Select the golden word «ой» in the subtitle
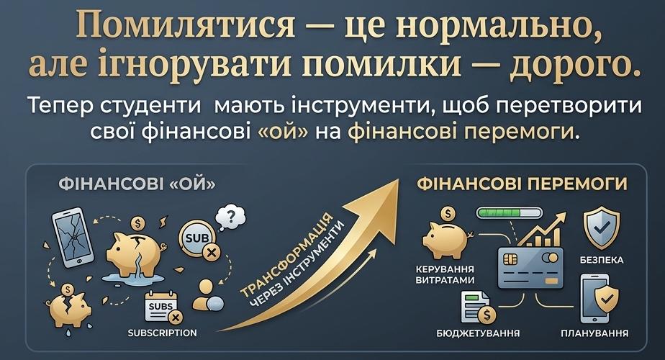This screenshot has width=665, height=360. click(x=283, y=132)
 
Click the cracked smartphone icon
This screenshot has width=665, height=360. click(x=73, y=237)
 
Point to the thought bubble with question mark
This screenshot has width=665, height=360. click(x=230, y=217)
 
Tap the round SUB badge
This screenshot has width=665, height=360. click(x=198, y=238)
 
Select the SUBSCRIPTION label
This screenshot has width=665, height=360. click(x=163, y=333)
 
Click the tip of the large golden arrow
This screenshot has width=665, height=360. click(x=399, y=179)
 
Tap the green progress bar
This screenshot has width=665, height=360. click(x=509, y=212)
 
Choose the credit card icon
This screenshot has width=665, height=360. click(x=530, y=268)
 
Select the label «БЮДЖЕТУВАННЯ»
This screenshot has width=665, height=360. click(x=478, y=333)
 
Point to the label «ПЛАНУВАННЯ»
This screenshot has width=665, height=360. click(x=594, y=333)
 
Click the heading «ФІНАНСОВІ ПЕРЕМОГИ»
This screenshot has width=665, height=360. click(x=522, y=184)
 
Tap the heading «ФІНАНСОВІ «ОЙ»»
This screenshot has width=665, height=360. click(x=137, y=184)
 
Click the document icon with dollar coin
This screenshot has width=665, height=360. click(x=478, y=307)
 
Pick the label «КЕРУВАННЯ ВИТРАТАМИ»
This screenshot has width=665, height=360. click(x=445, y=274)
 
